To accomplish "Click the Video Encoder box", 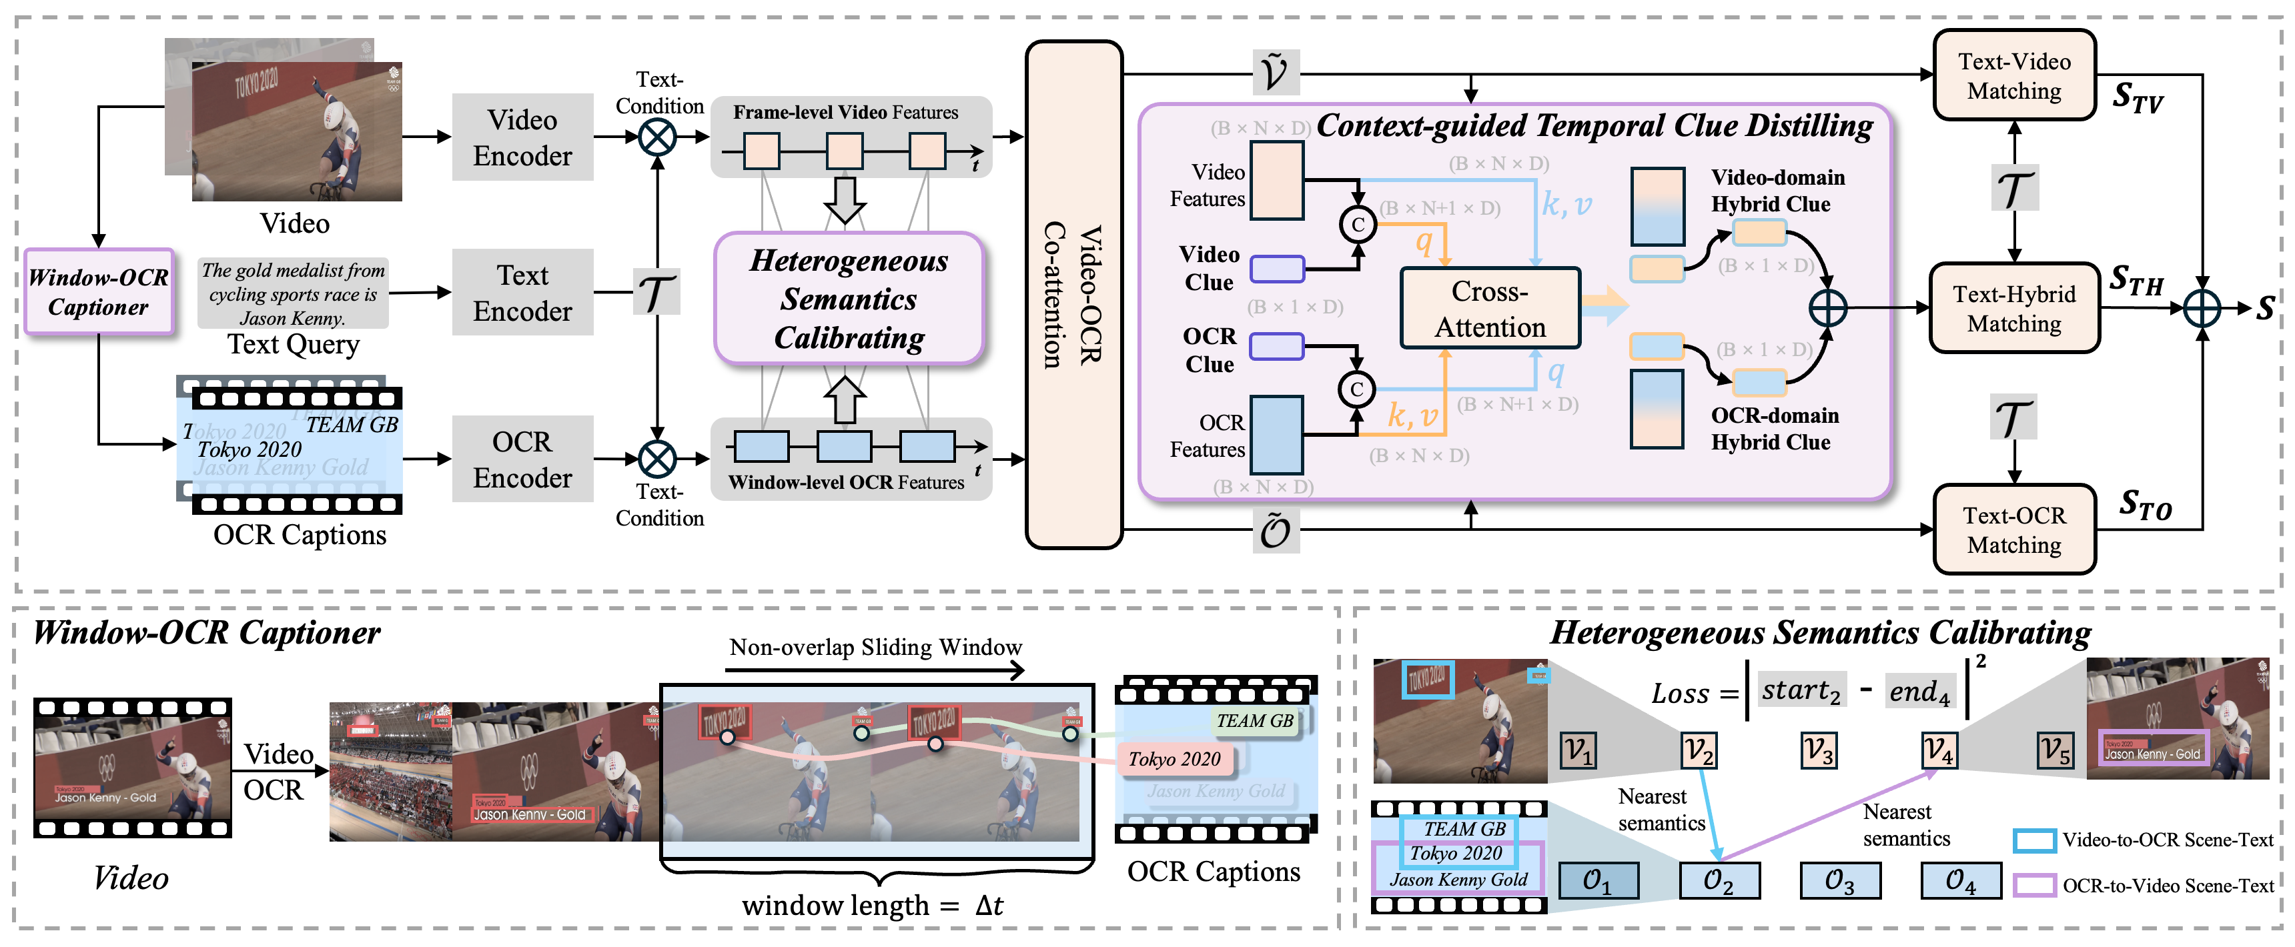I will tap(522, 137).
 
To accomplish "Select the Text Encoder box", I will tap(522, 292).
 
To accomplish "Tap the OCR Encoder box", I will tap(522, 459).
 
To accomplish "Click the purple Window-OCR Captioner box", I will tap(98, 292).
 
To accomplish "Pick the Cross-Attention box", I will tap(1490, 308).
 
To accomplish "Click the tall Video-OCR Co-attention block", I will tap(1073, 294).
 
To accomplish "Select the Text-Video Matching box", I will tap(2013, 76).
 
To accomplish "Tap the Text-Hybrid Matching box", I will tap(2013, 308).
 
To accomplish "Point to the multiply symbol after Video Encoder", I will tap(658, 137).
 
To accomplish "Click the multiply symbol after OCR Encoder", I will tap(658, 459).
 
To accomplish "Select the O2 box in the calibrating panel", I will tap(1719, 880).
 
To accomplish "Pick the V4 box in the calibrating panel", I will tap(1939, 751).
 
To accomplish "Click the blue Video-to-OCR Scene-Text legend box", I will tap(2034, 839).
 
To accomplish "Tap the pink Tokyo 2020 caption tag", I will tap(1174, 759).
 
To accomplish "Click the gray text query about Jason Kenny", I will tap(292, 293).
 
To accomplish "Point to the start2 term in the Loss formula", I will tap(1801, 690).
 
